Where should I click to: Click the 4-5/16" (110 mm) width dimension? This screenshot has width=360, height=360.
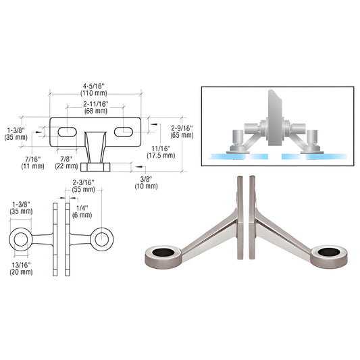(x=95, y=90)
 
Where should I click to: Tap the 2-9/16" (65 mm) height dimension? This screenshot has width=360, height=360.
(x=182, y=130)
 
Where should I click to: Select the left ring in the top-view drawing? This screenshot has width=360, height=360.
(x=22, y=238)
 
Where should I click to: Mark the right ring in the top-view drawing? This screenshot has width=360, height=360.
(x=102, y=238)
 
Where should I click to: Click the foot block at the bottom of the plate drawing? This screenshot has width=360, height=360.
(x=95, y=168)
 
